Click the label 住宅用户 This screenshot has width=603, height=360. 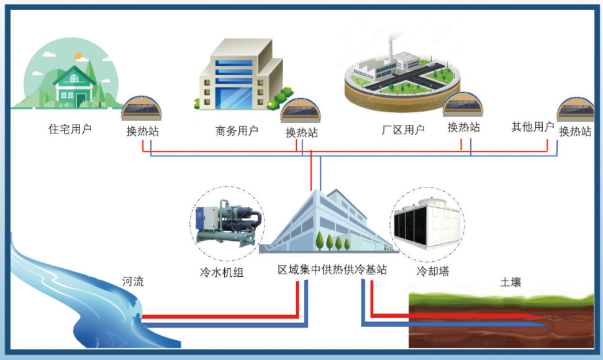tap(70, 129)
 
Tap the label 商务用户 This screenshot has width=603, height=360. tap(237, 130)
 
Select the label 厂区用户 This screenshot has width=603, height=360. tap(403, 130)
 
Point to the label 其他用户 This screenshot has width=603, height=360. tap(532, 127)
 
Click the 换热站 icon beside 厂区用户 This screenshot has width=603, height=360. tap(463, 106)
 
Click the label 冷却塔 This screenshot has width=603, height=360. tap(433, 271)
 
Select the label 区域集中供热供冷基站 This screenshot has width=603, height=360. tap(332, 270)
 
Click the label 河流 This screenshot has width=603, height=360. tap(132, 282)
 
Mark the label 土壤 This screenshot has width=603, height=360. tap(510, 282)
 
